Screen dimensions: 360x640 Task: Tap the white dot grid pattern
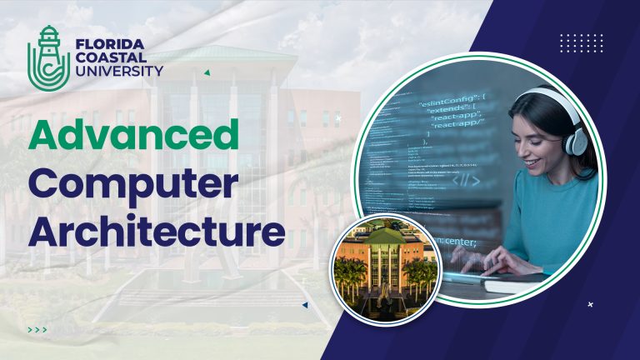coord(581,43)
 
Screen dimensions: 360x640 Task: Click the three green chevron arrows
coord(37,330)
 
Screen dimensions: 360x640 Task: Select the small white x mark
coord(590,305)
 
